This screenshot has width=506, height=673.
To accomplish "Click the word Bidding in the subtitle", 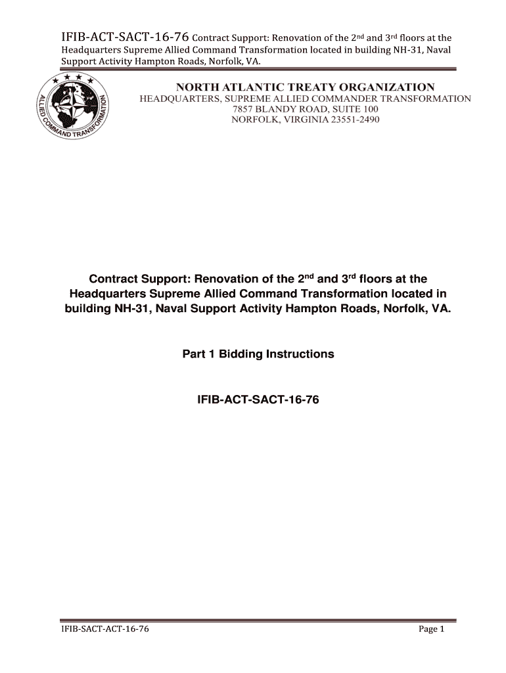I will coord(240,354).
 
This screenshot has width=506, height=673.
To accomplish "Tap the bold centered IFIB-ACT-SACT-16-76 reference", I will coord(258,399).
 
